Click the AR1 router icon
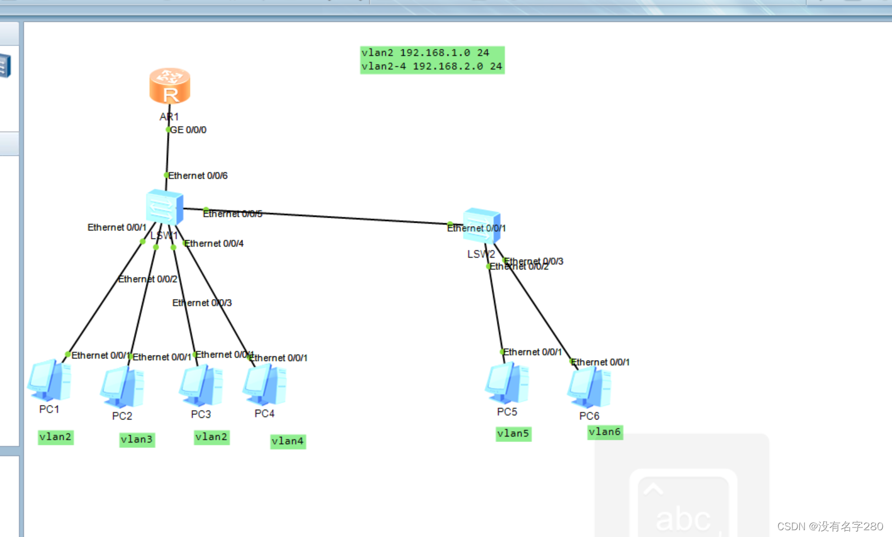click(170, 86)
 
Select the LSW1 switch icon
click(164, 207)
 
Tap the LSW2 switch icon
click(482, 226)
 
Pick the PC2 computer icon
click(122, 387)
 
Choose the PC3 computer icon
click(201, 386)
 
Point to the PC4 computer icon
click(265, 385)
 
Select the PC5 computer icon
click(507, 383)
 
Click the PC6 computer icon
click(589, 387)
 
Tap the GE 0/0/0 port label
click(188, 130)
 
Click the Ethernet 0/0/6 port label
click(198, 176)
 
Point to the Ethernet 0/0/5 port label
click(232, 214)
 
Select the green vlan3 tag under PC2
click(137, 439)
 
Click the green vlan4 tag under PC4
click(288, 441)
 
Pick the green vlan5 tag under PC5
click(513, 434)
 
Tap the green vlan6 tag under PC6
click(605, 432)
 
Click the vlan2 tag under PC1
click(55, 437)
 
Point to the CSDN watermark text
click(830, 526)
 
